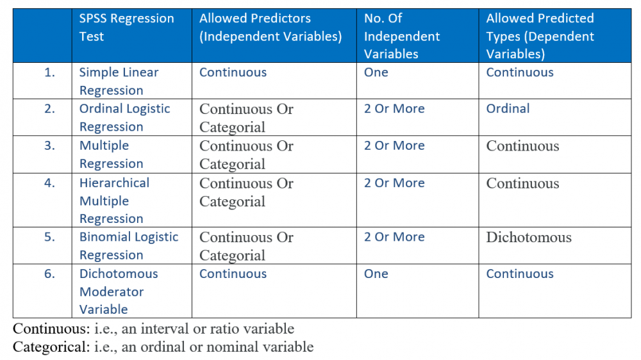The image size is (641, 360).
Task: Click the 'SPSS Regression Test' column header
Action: tap(126, 28)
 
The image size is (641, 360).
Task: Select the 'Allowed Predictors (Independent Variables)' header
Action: tap(271, 28)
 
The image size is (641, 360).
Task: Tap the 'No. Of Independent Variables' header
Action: tap(402, 36)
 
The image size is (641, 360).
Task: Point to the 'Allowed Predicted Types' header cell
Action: tap(540, 36)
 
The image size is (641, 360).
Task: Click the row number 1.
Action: tap(49, 72)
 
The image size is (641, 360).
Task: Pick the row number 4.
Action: tap(49, 183)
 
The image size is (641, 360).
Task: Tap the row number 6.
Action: tap(49, 274)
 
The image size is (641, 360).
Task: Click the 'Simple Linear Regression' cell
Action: tap(119, 81)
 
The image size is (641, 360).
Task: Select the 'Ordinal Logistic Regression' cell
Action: tap(125, 118)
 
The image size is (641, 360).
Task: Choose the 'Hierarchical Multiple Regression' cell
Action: tap(114, 200)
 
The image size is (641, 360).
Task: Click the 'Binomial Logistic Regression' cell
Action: tap(129, 245)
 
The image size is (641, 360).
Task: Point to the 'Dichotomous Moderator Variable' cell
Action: tap(119, 291)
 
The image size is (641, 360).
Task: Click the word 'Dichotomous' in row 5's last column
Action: tap(529, 238)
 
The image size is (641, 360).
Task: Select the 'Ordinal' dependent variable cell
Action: tap(508, 108)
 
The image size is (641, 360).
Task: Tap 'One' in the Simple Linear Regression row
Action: tap(376, 72)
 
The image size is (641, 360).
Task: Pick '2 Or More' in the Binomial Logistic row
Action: tap(394, 237)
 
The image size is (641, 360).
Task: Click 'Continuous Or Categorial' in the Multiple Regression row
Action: tap(246, 155)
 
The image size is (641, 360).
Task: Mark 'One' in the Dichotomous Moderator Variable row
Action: tap(376, 274)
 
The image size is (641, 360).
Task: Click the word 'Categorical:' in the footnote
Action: tap(51, 347)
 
